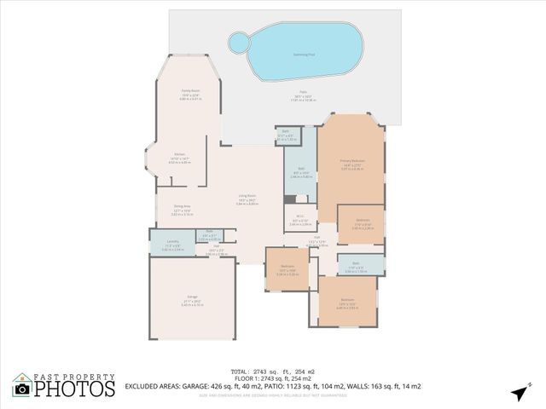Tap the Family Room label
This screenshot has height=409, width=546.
coord(189,90)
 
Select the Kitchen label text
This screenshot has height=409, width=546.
coord(179,154)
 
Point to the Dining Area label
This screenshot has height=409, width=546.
coord(182,206)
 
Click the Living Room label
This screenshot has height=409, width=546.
coord(247,197)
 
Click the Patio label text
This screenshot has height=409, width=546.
coord(303,91)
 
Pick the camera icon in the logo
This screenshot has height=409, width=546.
coord(23,389)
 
